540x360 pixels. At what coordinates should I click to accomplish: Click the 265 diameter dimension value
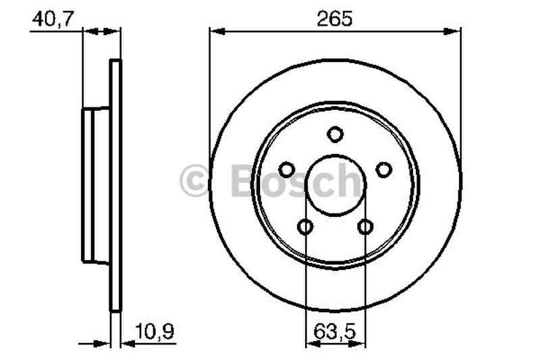point(335,18)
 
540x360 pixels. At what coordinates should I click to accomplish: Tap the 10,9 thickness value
point(156,331)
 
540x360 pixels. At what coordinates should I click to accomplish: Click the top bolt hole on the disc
point(335,134)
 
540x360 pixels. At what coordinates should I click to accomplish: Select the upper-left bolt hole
point(287,170)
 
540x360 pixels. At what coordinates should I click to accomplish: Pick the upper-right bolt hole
point(383,170)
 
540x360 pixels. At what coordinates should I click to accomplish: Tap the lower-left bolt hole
point(306,226)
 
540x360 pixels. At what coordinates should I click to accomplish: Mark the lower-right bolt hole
point(365,226)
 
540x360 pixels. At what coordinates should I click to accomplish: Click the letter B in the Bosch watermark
point(245,181)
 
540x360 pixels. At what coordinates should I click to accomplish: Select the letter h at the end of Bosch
point(349,181)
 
